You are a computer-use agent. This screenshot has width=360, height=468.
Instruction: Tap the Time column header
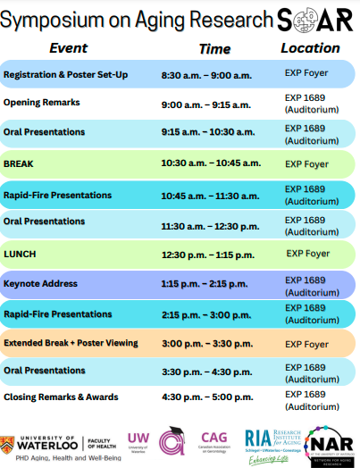click(x=214, y=48)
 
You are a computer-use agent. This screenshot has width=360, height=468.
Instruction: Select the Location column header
click(x=310, y=48)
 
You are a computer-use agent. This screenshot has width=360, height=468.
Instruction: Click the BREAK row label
click(x=19, y=163)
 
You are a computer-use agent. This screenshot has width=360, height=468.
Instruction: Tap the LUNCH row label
click(x=20, y=254)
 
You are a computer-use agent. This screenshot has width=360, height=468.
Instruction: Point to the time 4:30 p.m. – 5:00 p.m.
click(x=205, y=397)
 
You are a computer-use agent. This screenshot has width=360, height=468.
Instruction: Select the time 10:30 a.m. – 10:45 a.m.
click(x=211, y=163)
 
